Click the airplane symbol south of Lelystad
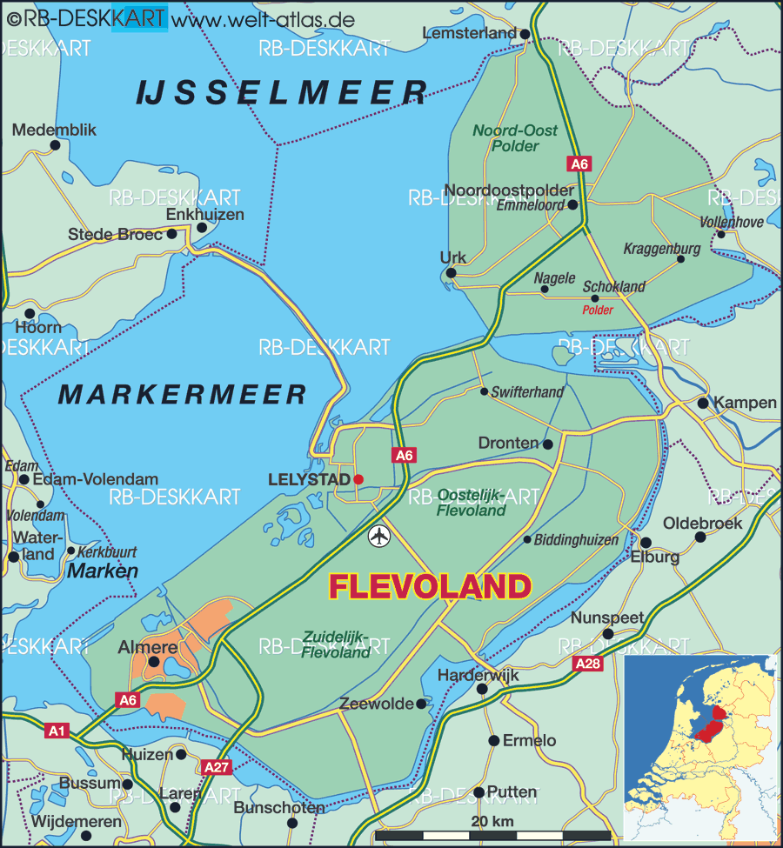pyautogui.click(x=379, y=536)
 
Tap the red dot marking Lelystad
pyautogui.click(x=358, y=479)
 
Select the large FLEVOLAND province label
pyautogui.click(x=430, y=587)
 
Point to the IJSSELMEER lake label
pyautogui.click(x=282, y=92)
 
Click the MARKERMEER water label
pyautogui.click(x=183, y=394)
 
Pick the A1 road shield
pyautogui.click(x=57, y=731)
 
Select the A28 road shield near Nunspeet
pyautogui.click(x=588, y=664)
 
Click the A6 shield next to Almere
pyautogui.click(x=128, y=699)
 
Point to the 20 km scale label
pyautogui.click(x=492, y=821)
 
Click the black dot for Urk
pyautogui.click(x=451, y=273)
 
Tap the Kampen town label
pyautogui.click(x=745, y=403)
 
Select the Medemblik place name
pyautogui.click(x=54, y=130)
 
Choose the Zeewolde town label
pyautogui.click(x=377, y=704)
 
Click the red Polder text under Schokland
pyautogui.click(x=598, y=310)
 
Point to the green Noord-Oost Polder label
pyautogui.click(x=515, y=138)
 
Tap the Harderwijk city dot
pyautogui.click(x=482, y=689)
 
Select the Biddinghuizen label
pyautogui.click(x=576, y=540)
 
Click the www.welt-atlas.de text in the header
pyautogui.click(x=258, y=17)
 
